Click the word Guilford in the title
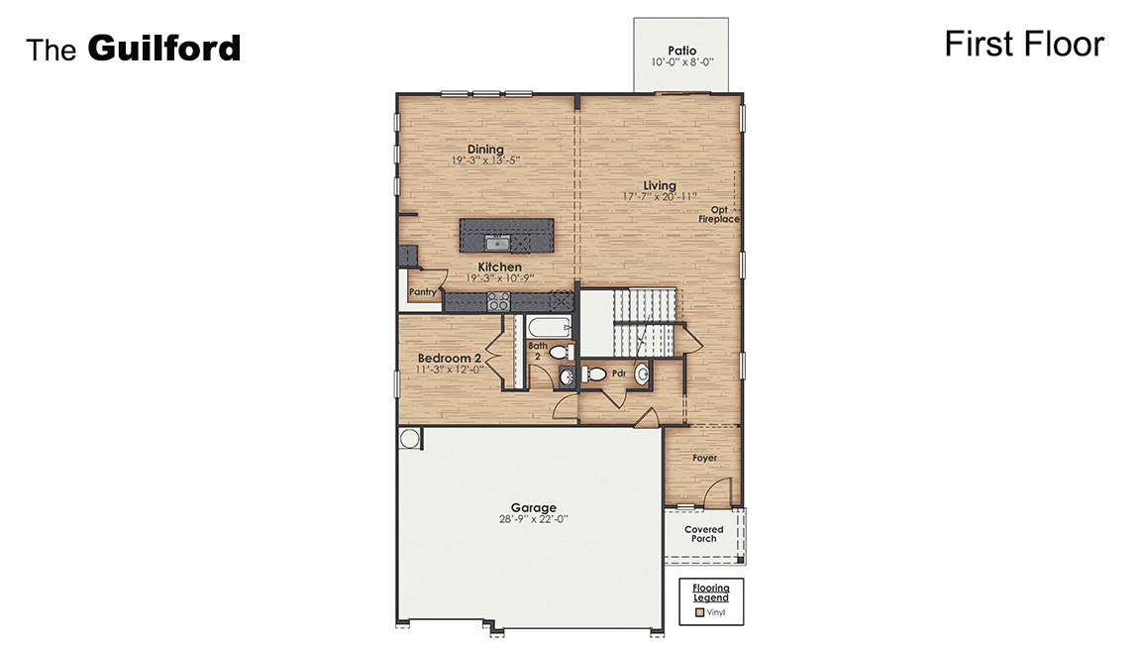164,48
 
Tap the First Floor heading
1023,45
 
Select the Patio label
682,50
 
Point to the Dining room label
485,150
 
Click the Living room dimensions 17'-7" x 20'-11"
660,197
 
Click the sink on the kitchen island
497,243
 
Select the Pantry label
423,292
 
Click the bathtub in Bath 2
547,328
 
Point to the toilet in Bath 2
559,352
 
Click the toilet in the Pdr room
594,374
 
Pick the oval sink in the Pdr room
642,374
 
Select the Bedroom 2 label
450,358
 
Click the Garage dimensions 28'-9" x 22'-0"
534,518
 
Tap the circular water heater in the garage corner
410,438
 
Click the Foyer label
704,458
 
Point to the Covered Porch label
704,534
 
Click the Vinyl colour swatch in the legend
698,612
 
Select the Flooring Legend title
710,592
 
